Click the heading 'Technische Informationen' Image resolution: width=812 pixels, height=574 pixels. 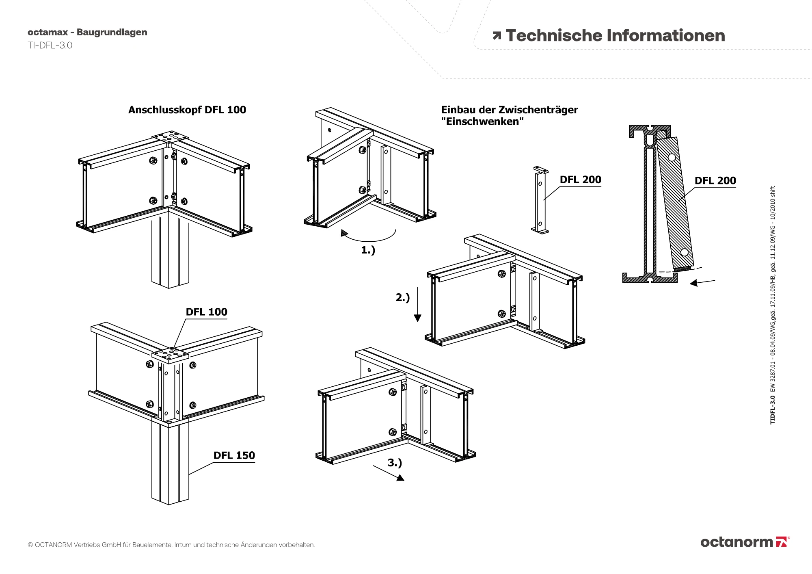coord(615,36)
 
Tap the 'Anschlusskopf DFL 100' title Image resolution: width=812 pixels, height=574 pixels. coord(187,110)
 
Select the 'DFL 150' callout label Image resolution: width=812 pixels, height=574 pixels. coord(234,455)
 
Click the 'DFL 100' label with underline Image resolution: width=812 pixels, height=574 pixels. coord(206,312)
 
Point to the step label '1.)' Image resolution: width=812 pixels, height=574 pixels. coord(368,250)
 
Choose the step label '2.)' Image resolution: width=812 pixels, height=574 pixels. coord(403,298)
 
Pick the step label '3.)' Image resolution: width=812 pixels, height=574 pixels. coord(395,463)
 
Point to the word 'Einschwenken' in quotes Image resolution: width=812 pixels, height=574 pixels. coord(483,121)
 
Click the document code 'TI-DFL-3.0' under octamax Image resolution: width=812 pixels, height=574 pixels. coord(50,45)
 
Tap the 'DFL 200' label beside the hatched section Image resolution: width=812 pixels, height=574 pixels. coord(715,181)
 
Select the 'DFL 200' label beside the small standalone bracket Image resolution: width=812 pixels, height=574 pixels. coord(580,180)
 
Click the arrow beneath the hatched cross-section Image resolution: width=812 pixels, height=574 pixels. coord(702,282)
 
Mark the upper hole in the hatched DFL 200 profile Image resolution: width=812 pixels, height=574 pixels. coord(672,157)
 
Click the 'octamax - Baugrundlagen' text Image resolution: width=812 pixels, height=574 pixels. coord(87,32)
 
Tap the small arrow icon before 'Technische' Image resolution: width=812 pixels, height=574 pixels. coord(497,36)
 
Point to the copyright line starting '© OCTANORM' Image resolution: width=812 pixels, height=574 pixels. coord(171,545)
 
